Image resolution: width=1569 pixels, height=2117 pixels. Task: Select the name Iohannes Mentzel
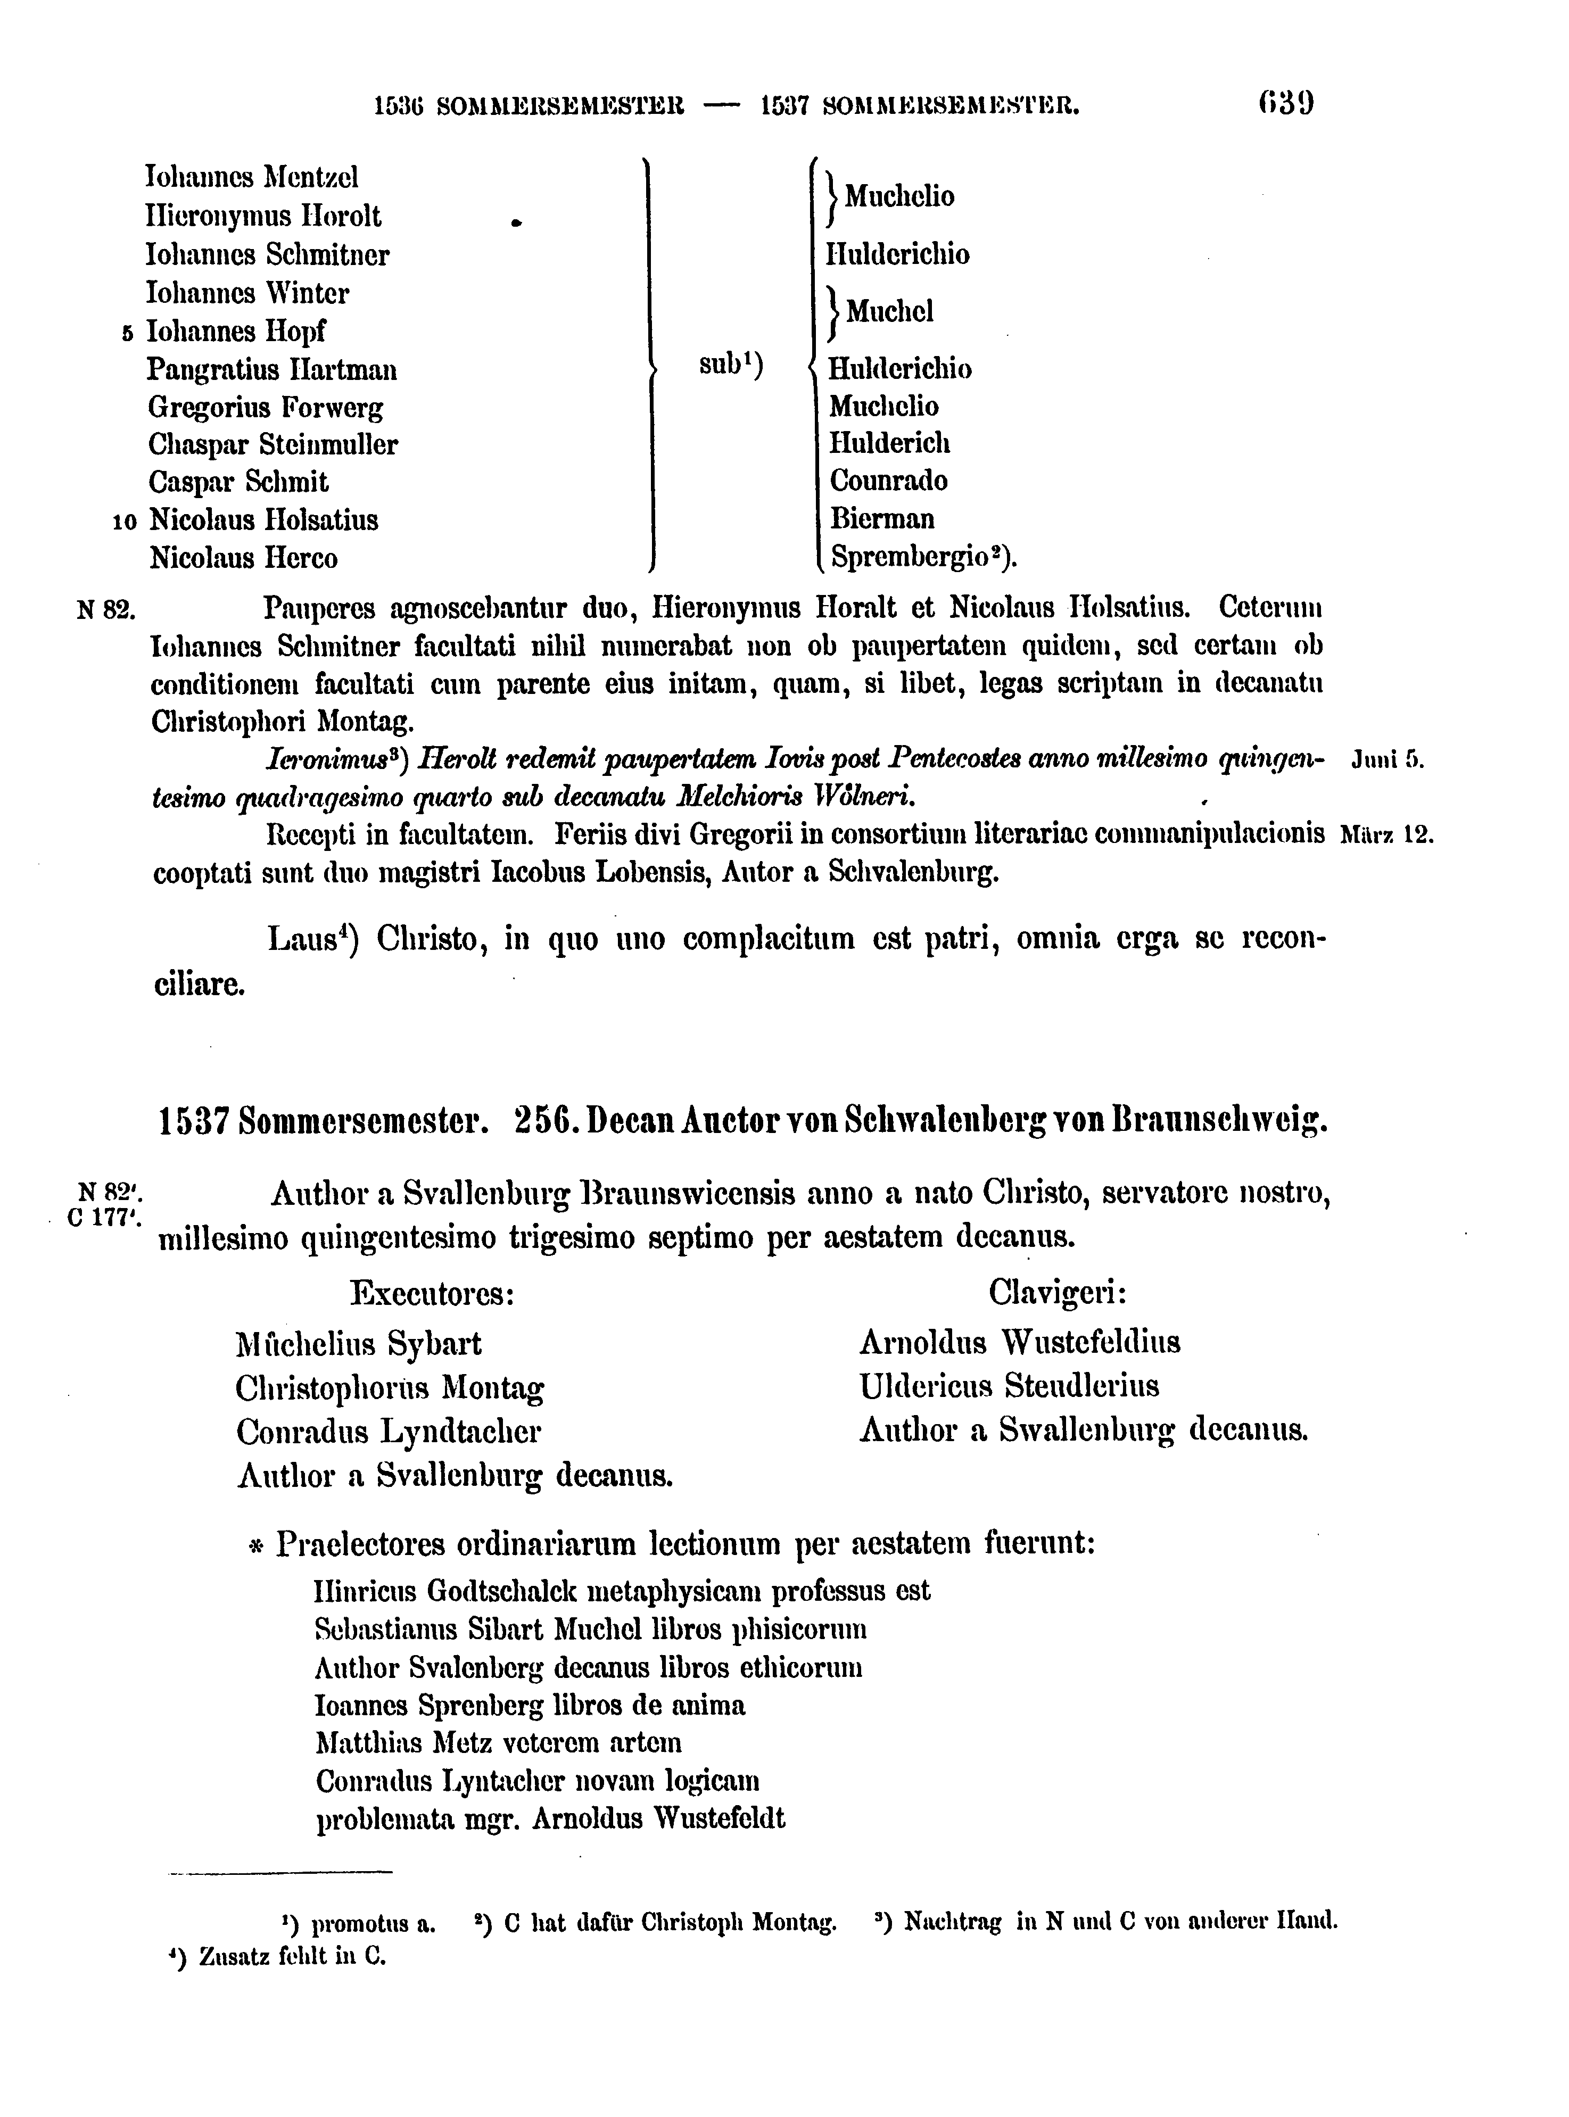[252, 178]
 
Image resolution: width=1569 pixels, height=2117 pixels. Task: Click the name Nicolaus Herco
[243, 558]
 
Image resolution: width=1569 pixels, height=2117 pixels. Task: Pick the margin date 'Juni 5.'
[1386, 760]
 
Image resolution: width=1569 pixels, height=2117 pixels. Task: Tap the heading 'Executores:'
[432, 1294]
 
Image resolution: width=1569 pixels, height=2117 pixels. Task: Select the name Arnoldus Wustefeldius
[1019, 1343]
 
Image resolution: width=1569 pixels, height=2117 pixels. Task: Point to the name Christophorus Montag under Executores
[390, 1390]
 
